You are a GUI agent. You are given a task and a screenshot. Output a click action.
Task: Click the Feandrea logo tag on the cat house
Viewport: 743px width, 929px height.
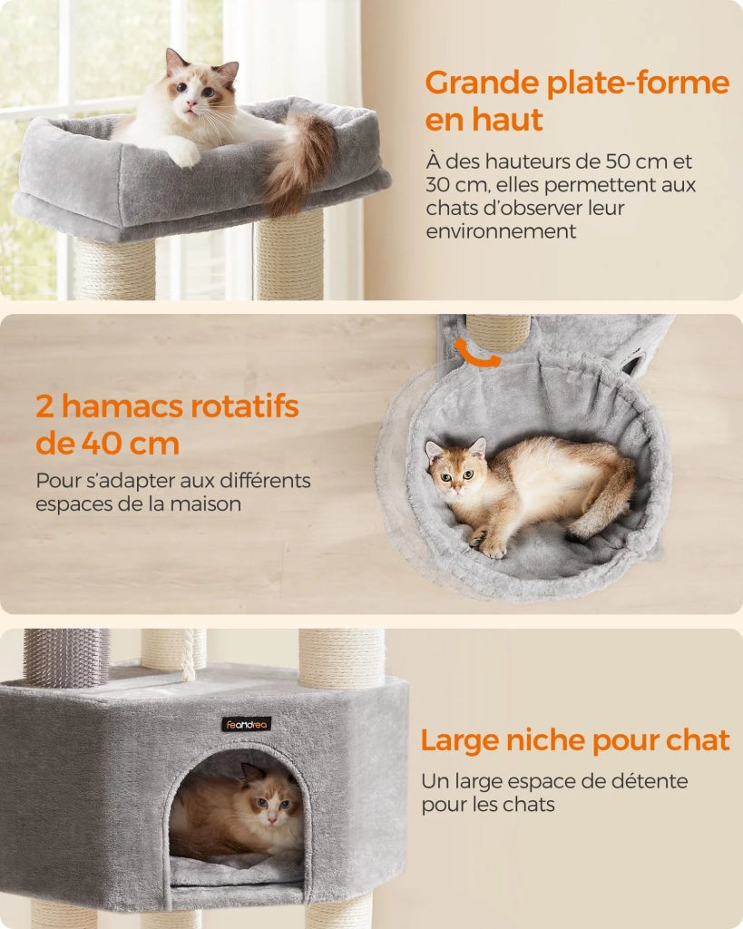(x=247, y=724)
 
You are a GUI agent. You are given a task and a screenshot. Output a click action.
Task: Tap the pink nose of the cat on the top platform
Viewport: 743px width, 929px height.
(x=191, y=104)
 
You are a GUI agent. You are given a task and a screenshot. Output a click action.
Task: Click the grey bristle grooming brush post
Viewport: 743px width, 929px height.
(x=66, y=658)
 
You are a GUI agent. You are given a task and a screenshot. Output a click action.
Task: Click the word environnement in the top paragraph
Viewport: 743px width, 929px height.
(x=501, y=231)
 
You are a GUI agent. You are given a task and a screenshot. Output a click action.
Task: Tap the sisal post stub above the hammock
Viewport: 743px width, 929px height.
(x=498, y=332)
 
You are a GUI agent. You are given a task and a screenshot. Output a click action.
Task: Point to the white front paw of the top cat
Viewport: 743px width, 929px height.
(x=183, y=154)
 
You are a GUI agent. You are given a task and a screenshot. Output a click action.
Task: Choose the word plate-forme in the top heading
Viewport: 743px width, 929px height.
(x=638, y=83)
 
